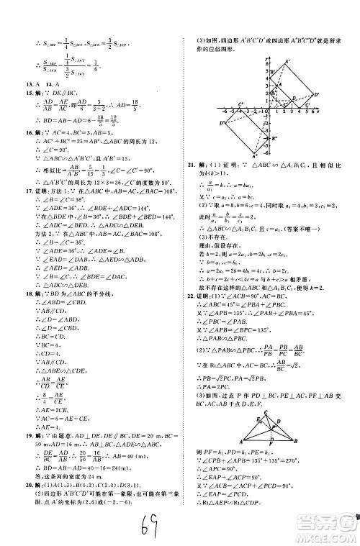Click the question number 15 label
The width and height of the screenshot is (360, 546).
click(x=27, y=94)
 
